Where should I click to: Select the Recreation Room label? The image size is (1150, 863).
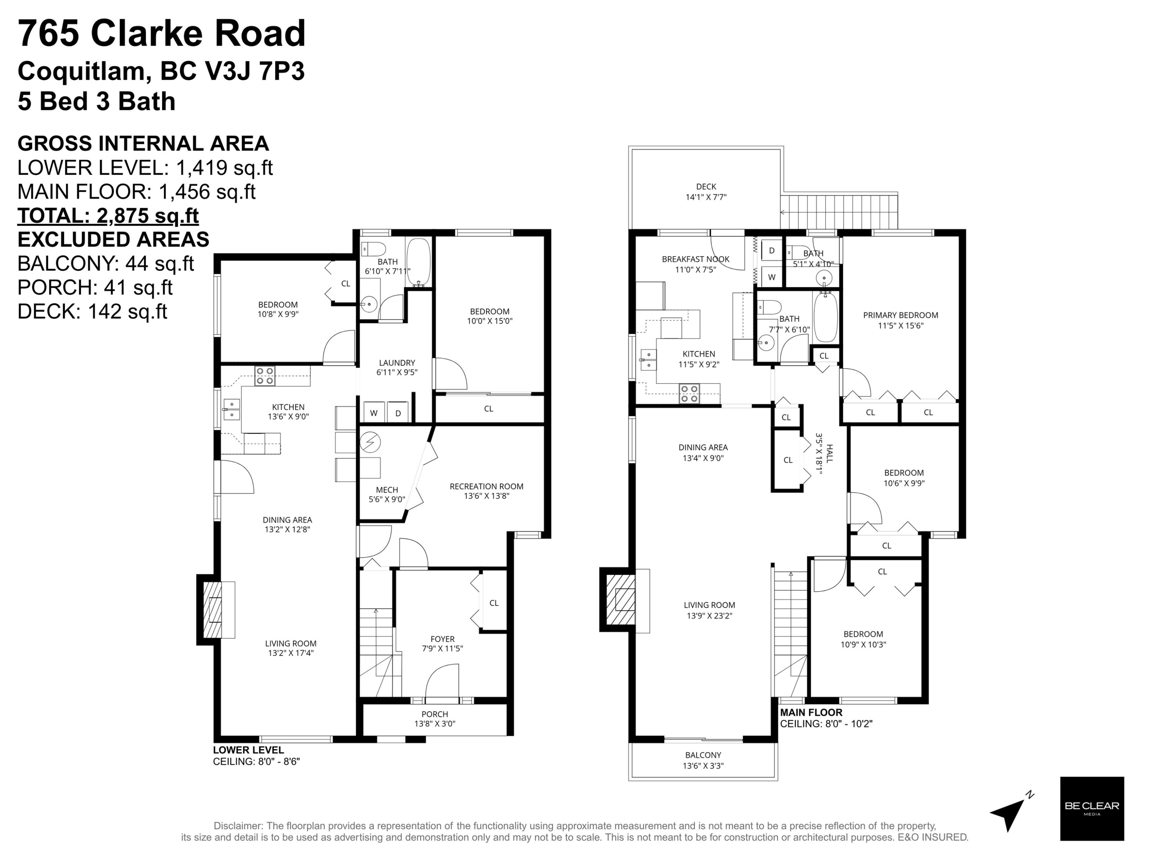pyautogui.click(x=486, y=491)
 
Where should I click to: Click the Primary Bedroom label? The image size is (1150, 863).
pyautogui.click(x=900, y=320)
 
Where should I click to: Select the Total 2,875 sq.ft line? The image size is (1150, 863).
pyautogui.click(x=108, y=215)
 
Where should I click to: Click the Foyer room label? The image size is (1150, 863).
pyautogui.click(x=442, y=644)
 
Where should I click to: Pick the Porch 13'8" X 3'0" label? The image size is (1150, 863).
pyautogui.click(x=435, y=718)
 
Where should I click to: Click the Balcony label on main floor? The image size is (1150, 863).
pyautogui.click(x=703, y=760)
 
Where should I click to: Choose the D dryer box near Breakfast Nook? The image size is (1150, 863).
pyautogui.click(x=772, y=250)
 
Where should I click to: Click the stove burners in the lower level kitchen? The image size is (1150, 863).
pyautogui.click(x=264, y=376)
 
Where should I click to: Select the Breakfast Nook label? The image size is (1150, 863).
pyautogui.click(x=696, y=264)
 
